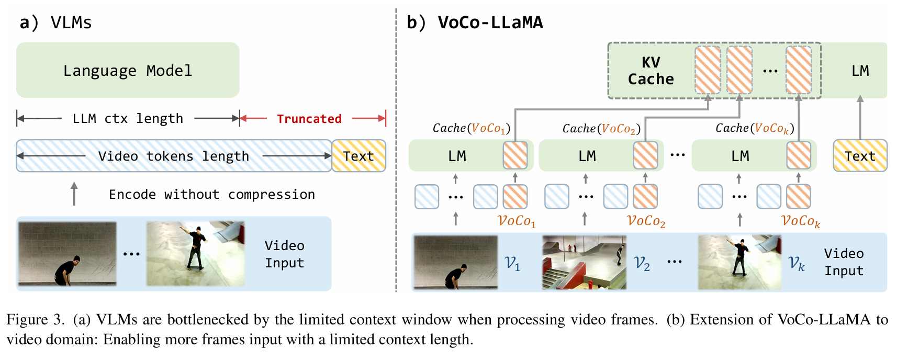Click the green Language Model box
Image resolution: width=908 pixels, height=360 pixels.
click(x=128, y=70)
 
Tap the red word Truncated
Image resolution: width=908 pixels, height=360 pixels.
click(x=309, y=119)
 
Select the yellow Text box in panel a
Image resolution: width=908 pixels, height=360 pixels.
click(x=358, y=156)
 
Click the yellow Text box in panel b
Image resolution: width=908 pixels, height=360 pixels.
click(x=860, y=156)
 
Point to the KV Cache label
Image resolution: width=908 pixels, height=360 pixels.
click(x=651, y=71)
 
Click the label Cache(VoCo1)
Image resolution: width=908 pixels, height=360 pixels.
click(x=471, y=128)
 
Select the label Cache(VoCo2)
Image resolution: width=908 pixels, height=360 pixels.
click(x=601, y=128)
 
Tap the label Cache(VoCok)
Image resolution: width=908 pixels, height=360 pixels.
click(x=755, y=128)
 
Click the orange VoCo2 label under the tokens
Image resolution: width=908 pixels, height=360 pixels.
click(x=646, y=221)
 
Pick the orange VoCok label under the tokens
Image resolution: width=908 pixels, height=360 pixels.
click(x=800, y=221)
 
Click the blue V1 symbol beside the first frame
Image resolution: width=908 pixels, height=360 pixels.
click(x=512, y=263)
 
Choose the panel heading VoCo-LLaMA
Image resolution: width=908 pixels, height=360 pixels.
click(x=490, y=22)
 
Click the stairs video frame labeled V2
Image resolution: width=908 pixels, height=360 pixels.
click(x=584, y=262)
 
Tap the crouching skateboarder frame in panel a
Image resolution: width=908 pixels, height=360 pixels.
click(x=67, y=254)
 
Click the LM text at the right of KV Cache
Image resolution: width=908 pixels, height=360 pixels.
click(x=860, y=71)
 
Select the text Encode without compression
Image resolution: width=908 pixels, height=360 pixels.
click(x=211, y=195)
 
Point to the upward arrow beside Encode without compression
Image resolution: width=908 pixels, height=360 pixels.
click(x=74, y=194)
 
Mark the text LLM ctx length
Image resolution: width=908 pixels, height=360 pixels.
click(x=128, y=119)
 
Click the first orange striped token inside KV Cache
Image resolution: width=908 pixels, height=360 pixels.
click(x=708, y=70)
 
